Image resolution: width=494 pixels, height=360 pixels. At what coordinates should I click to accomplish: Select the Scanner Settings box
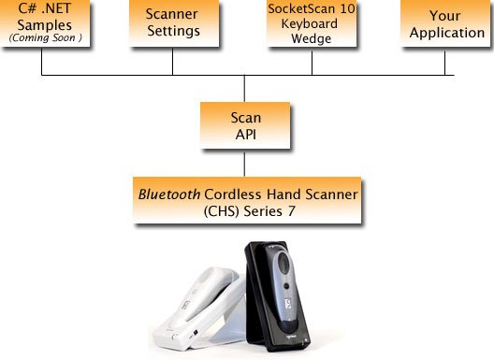[173, 23]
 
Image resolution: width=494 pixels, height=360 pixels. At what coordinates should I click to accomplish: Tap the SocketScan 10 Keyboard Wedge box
[312, 23]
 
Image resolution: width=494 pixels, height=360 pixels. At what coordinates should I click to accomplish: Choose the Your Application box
[444, 23]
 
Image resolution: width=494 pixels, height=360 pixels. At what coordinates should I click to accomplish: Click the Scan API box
[244, 125]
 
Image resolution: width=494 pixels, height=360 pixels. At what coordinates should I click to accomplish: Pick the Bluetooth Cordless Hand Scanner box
[248, 203]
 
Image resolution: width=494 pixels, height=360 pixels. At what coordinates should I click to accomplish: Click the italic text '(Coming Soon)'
[42, 38]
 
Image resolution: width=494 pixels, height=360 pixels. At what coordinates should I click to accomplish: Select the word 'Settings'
[173, 31]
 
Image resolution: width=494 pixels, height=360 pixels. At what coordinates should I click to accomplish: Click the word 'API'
[244, 134]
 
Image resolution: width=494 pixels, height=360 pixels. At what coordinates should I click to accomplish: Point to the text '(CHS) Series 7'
[248, 211]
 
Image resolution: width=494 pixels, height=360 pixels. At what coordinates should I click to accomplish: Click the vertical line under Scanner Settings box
[173, 61]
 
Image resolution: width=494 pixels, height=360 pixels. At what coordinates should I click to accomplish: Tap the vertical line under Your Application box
[444, 61]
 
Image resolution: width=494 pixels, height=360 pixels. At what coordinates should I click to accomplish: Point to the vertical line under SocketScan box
[312, 62]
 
